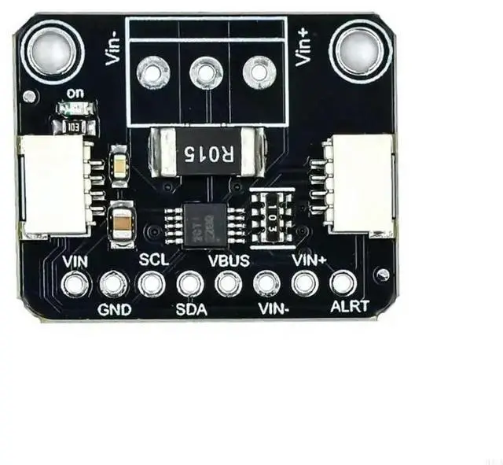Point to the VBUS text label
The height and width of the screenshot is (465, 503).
coord(229,259)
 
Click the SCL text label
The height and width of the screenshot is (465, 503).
coord(153,257)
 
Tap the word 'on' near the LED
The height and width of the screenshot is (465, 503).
coord(76,93)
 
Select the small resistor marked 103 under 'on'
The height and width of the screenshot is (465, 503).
coord(72,125)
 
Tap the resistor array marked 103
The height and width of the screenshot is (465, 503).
coord(270,212)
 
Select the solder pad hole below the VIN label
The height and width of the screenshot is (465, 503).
coord(76,283)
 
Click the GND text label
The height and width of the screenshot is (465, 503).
coord(114,309)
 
